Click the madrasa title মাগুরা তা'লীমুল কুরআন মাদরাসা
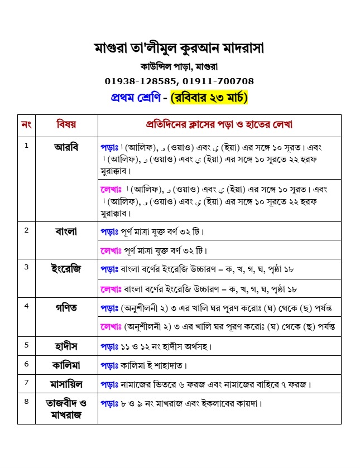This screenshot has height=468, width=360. [179, 49]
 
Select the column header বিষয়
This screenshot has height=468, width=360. [66, 125]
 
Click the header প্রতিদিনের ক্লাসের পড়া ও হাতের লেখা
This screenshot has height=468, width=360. [219, 125]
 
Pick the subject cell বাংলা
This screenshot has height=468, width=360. [66, 230]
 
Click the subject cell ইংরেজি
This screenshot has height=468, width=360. [66, 269]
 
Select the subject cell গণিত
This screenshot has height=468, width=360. [66, 307]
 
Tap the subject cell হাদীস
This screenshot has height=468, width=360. [66, 346]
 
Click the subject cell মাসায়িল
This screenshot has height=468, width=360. [66, 384]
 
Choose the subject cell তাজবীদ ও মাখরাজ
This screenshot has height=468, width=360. [66, 408]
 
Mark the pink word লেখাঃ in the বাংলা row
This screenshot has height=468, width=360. [112, 250]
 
